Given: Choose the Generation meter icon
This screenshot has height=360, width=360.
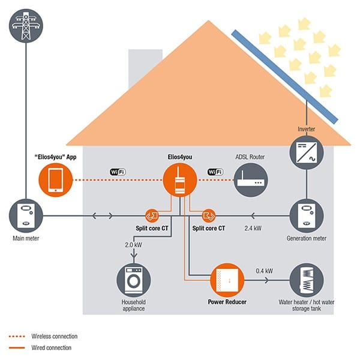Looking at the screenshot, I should [x=307, y=215].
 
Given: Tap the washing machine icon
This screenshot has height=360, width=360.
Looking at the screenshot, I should [x=133, y=280].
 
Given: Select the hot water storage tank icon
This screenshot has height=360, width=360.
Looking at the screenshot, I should [x=307, y=280].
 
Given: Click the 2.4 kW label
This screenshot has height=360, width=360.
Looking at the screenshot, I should [x=252, y=229].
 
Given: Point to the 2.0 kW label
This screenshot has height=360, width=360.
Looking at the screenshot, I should [x=132, y=245].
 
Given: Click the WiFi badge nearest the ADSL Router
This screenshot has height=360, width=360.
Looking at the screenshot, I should [x=214, y=172].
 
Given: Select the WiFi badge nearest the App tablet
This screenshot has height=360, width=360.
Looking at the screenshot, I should [x=118, y=172].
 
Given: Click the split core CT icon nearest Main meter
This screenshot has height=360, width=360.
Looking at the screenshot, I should [x=151, y=215].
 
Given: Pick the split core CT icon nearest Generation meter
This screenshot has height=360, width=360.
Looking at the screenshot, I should [x=208, y=215].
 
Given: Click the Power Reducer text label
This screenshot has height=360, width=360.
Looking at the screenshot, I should [x=227, y=302].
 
